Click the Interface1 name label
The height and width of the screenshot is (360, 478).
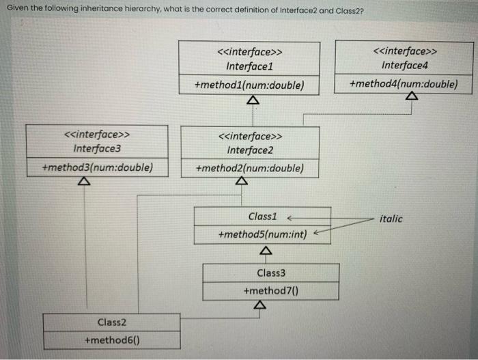(x=249, y=66)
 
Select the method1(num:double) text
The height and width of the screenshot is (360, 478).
(x=249, y=85)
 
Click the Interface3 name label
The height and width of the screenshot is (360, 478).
(x=97, y=148)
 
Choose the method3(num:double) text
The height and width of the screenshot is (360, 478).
(x=97, y=167)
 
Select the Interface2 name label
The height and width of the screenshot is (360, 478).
(x=250, y=150)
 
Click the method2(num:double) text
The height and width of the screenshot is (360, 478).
(x=249, y=167)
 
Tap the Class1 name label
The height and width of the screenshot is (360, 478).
(x=262, y=216)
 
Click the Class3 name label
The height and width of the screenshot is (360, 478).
(x=271, y=273)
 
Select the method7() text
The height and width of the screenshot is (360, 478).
(x=271, y=291)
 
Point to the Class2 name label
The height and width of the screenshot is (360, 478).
(x=112, y=322)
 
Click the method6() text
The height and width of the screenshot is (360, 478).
(x=112, y=340)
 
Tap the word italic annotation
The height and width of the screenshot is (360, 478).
(x=391, y=219)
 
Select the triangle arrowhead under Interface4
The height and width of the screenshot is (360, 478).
(x=410, y=97)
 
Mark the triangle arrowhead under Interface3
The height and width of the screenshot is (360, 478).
(x=83, y=182)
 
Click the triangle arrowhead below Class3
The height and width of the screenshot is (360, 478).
(x=258, y=305)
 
